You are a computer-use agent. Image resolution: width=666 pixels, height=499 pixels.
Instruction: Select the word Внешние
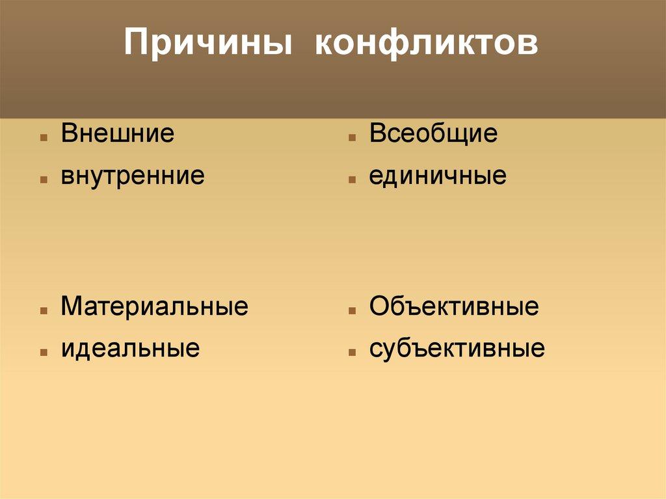[118, 133]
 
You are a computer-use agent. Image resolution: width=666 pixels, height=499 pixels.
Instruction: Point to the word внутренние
[133, 176]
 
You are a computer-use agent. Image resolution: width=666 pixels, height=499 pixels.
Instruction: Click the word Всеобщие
[433, 133]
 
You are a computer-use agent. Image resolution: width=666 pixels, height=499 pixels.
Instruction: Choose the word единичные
[438, 176]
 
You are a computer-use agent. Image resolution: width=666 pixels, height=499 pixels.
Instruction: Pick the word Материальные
[154, 306]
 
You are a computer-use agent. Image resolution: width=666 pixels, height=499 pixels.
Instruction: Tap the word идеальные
[130, 348]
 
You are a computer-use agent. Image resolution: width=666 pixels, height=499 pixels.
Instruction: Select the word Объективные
[453, 306]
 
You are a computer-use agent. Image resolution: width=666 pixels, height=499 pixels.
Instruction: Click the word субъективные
[457, 349]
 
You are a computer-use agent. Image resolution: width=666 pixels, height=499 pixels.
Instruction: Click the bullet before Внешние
[43, 139]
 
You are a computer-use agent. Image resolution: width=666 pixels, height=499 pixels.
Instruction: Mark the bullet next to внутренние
[43, 180]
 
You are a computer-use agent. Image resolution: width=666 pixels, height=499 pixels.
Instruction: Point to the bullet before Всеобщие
[351, 139]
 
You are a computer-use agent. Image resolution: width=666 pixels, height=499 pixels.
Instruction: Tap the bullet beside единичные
[351, 180]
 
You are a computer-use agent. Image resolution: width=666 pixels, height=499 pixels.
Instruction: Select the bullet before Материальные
[43, 311]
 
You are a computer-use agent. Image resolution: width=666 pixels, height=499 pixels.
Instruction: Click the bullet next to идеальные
[43, 353]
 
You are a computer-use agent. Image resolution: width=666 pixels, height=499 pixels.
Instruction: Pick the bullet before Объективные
[351, 311]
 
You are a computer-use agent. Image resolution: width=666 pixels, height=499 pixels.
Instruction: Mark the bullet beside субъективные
[351, 353]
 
